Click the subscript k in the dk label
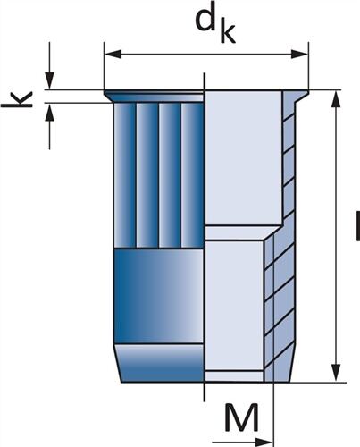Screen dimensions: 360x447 pyautogui.click(x=228, y=31)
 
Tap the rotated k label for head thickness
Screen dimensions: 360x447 pyautogui.click(x=17, y=99)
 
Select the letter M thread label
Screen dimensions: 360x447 pyautogui.click(x=241, y=417)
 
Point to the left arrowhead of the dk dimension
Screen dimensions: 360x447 pyautogui.click(x=113, y=55)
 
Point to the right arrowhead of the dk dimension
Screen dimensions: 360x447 pyautogui.click(x=299, y=55)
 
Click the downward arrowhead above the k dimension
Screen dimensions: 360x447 pyautogui.click(x=50, y=80)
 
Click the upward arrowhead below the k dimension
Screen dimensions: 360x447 pyautogui.click(x=50, y=112)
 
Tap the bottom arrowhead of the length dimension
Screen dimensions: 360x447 pyautogui.click(x=336, y=373)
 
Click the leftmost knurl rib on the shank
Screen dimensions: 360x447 pyautogui.click(x=125, y=175)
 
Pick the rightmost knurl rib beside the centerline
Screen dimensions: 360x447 pyautogui.click(x=192, y=175)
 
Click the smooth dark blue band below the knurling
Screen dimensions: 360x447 pyautogui.click(x=159, y=296)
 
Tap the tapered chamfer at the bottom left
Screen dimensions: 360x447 pyautogui.click(x=160, y=363)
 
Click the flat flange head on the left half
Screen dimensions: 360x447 pyautogui.click(x=154, y=97)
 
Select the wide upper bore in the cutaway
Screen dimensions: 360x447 pyautogui.click(x=244, y=158)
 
